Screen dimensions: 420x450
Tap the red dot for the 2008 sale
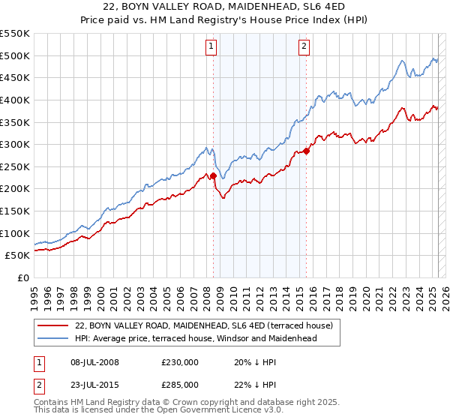click(x=213, y=176)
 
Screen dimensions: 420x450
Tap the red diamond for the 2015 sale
click(x=307, y=151)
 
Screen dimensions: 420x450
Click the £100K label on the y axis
click(x=15, y=233)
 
